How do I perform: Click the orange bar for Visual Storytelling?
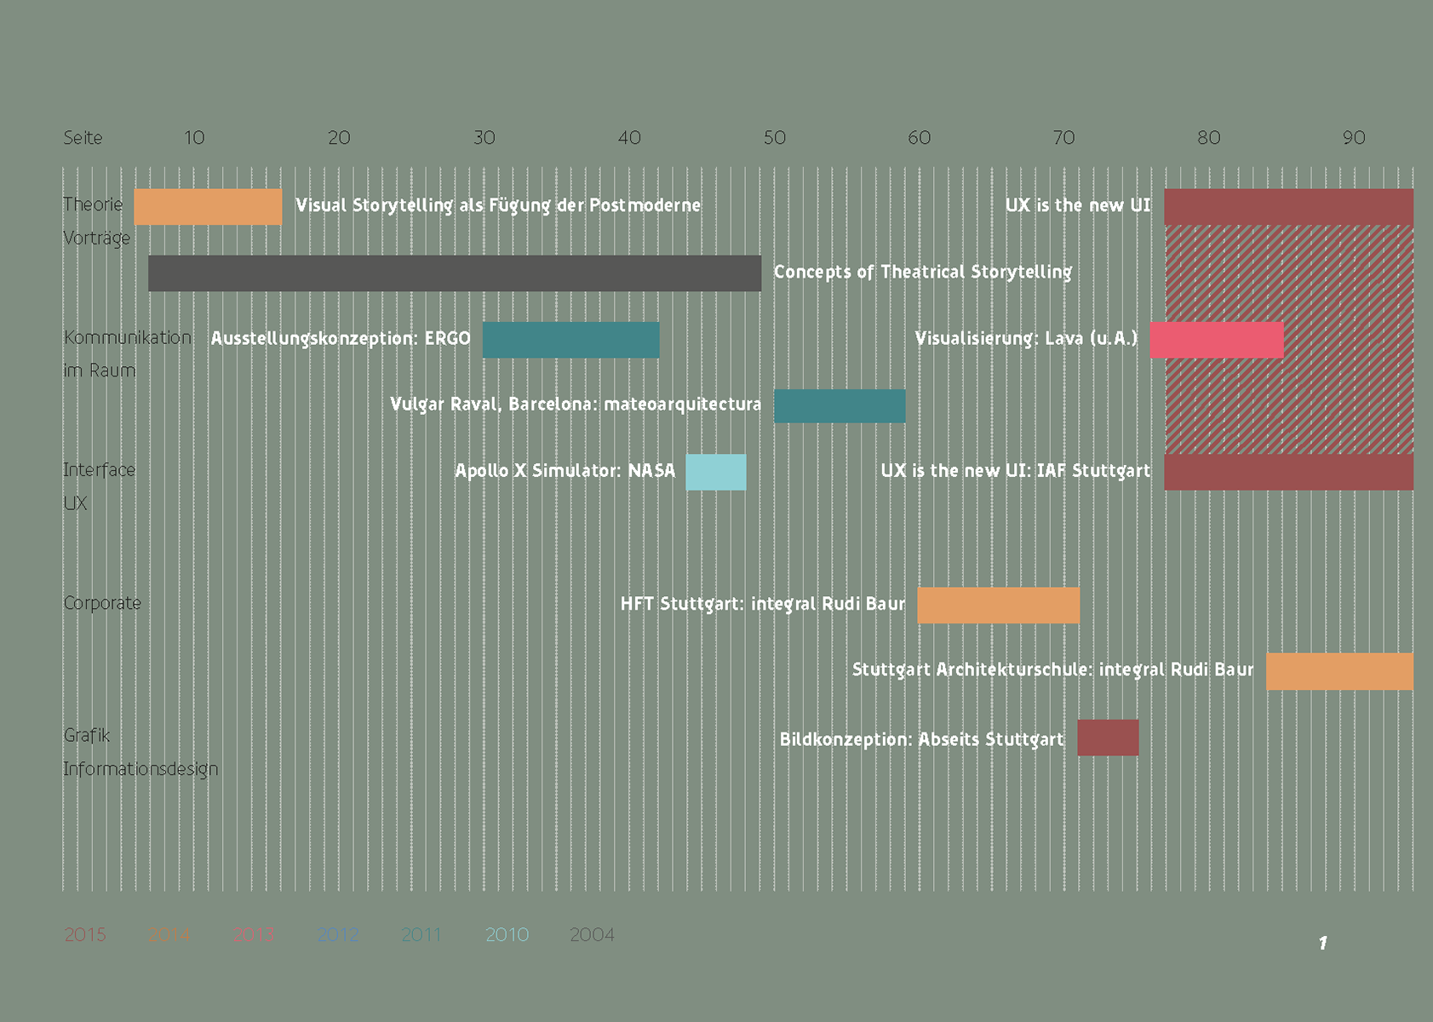point(208,207)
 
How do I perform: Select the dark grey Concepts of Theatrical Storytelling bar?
point(455,273)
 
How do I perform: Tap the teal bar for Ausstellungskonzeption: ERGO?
point(570,340)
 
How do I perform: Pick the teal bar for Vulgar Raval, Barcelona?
point(840,406)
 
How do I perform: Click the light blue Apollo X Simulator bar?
point(716,472)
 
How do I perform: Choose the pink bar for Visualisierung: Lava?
point(1216,340)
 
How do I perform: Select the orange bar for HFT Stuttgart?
point(998,605)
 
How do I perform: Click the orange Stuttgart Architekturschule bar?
point(1339,671)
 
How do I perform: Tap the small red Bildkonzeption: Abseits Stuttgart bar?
point(1108,738)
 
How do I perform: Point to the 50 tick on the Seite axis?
point(774,138)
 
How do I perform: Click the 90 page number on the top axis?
point(1354,138)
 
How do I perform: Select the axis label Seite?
point(83,138)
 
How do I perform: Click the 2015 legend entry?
point(85,935)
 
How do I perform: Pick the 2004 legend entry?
point(592,935)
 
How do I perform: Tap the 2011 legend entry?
point(421,935)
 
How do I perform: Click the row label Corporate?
point(102,603)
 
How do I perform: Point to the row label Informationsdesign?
point(140,769)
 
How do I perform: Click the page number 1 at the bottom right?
point(1322,943)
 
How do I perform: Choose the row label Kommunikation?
point(128,337)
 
